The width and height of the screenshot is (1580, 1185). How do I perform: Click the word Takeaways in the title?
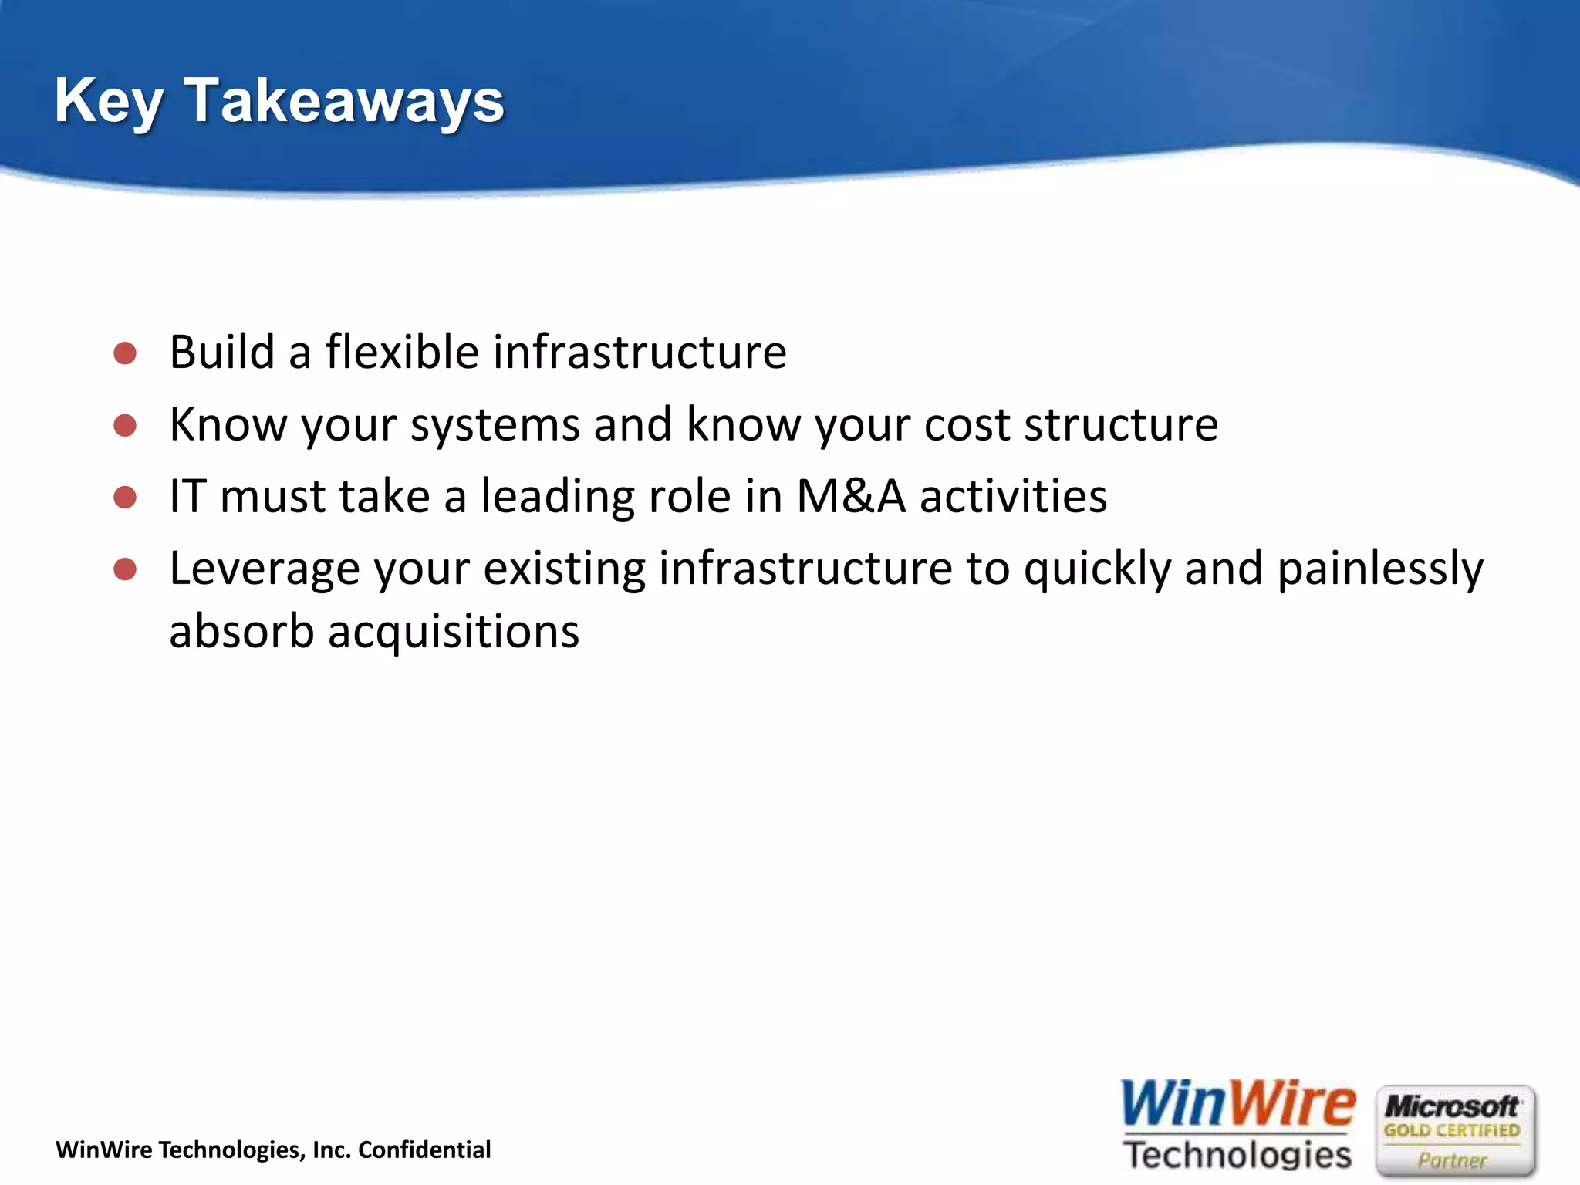tap(344, 101)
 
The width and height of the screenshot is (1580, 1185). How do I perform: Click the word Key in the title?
tap(108, 101)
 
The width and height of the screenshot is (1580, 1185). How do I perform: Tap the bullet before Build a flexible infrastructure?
tap(125, 353)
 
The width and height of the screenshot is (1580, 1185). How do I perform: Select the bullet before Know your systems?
tap(125, 425)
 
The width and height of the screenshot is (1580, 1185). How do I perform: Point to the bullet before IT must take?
tap(125, 497)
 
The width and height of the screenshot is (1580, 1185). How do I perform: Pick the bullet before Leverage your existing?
tap(125, 569)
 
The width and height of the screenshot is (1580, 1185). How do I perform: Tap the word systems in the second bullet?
tap(495, 426)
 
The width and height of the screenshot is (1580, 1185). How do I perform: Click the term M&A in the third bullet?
tap(850, 496)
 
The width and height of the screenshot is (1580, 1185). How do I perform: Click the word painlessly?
tap(1379, 569)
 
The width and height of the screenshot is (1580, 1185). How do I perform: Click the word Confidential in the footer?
tap(424, 1150)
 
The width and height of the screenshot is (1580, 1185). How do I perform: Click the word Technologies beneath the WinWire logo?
tap(1237, 1155)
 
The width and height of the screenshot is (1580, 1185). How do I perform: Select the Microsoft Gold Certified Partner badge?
tap(1455, 1131)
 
